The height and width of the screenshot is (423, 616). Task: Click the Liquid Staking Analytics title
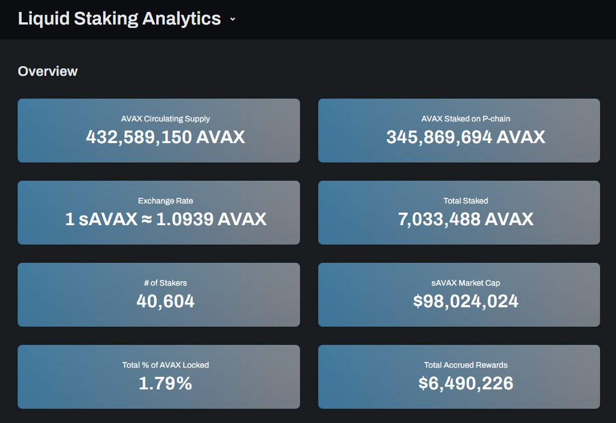click(119, 19)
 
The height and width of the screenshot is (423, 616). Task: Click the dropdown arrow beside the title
click(233, 19)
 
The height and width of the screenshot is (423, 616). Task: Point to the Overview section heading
click(48, 71)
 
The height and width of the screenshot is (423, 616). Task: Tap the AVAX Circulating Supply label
click(165, 119)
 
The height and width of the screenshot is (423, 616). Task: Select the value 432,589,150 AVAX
click(165, 137)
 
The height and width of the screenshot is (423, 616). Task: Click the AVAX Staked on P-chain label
click(465, 119)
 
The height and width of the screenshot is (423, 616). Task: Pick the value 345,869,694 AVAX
click(465, 137)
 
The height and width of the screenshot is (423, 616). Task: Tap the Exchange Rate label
click(165, 201)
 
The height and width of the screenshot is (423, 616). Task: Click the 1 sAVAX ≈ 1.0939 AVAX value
click(165, 219)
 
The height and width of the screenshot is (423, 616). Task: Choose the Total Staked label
click(465, 201)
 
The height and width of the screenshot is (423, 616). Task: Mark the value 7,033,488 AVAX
click(465, 219)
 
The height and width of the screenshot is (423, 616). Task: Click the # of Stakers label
click(165, 283)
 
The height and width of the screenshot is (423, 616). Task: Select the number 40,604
click(165, 302)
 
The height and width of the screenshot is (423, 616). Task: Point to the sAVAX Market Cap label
click(465, 283)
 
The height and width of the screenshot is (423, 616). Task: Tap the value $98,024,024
click(465, 302)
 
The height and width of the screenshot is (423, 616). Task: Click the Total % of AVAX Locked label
click(165, 365)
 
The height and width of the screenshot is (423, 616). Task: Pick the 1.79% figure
click(165, 384)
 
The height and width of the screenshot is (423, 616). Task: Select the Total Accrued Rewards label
click(465, 365)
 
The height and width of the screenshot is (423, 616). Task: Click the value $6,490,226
click(465, 384)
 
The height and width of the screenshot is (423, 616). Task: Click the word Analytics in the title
click(181, 19)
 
